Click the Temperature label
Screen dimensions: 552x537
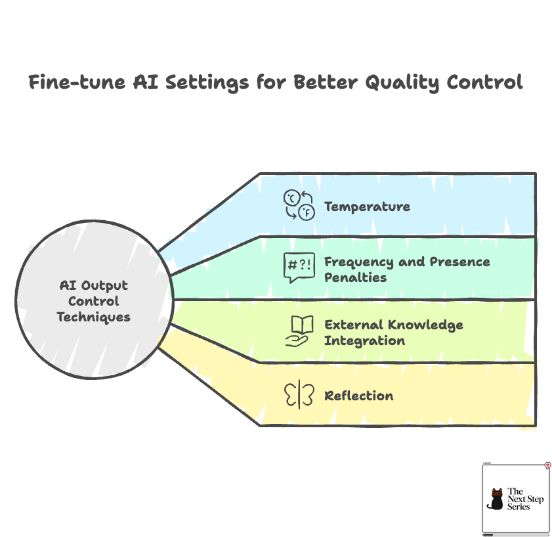[367, 206]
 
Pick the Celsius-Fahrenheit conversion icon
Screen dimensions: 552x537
[299, 204]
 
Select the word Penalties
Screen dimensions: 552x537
[355, 277]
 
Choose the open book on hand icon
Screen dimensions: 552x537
[299, 331]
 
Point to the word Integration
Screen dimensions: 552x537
[364, 340]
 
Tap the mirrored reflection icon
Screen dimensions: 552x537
[299, 395]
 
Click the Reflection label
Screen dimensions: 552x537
[359, 396]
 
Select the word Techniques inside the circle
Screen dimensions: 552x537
[93, 317]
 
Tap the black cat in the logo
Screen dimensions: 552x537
[496, 500]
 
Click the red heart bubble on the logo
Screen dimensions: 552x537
[547, 465]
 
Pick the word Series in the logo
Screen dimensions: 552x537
[519, 507]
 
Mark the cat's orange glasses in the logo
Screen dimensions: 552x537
[497, 493]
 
